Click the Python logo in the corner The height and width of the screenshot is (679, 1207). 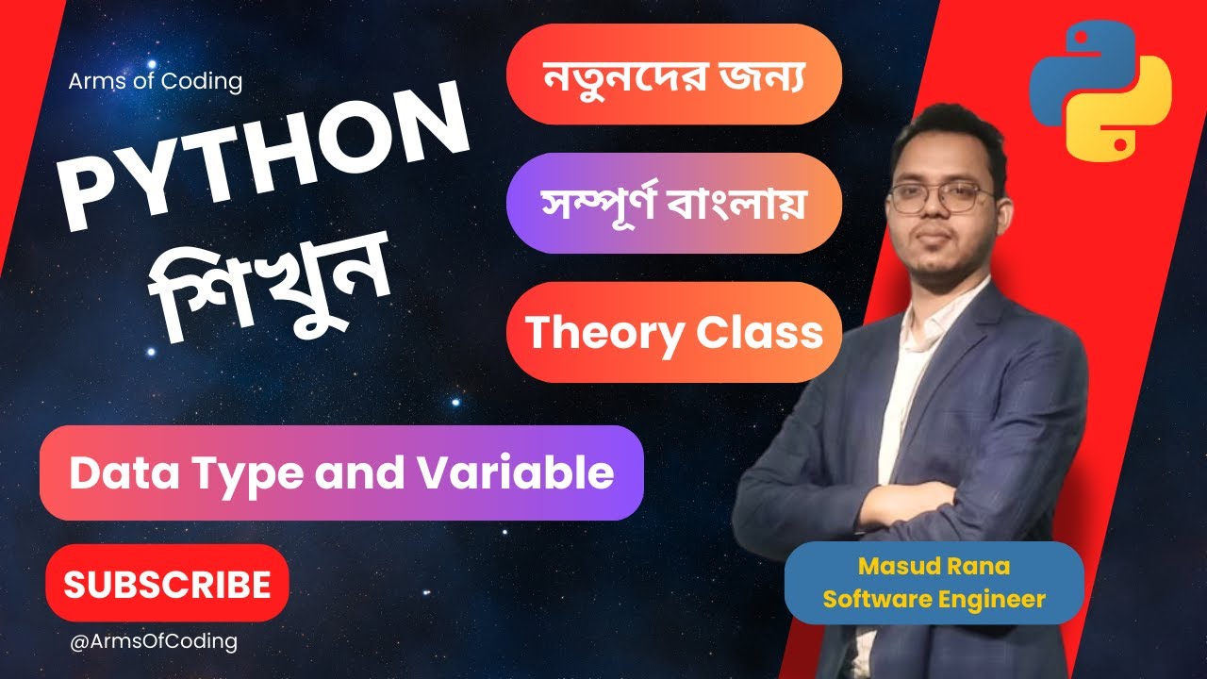[1100, 91]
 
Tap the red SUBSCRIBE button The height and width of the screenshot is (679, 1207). [167, 584]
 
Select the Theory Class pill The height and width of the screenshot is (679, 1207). [673, 332]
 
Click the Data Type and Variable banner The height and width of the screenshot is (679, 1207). [341, 472]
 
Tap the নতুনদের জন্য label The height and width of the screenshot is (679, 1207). [673, 74]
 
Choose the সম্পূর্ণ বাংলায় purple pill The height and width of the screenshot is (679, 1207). [673, 203]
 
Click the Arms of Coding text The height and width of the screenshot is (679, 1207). [155, 81]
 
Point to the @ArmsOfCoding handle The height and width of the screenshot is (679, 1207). [154, 641]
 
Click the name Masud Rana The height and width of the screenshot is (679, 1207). [934, 567]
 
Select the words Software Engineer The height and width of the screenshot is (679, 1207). [934, 599]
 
